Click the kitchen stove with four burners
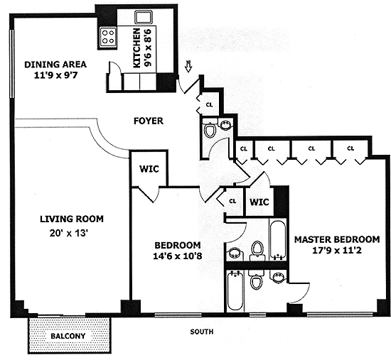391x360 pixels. (108, 37)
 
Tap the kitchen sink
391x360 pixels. (143, 17)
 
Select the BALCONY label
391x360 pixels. (68, 336)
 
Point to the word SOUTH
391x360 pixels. (202, 332)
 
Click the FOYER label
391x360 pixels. (149, 121)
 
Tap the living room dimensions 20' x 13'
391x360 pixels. (69, 234)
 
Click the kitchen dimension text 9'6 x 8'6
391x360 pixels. (148, 48)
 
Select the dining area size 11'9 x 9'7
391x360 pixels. (56, 75)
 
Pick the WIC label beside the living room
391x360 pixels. (149, 169)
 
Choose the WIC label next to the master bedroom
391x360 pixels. (259, 202)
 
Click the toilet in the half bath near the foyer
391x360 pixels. (210, 129)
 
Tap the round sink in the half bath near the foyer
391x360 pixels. (225, 124)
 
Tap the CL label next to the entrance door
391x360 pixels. (210, 104)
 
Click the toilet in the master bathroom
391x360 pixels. (255, 280)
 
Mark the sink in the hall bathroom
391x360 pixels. (235, 253)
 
